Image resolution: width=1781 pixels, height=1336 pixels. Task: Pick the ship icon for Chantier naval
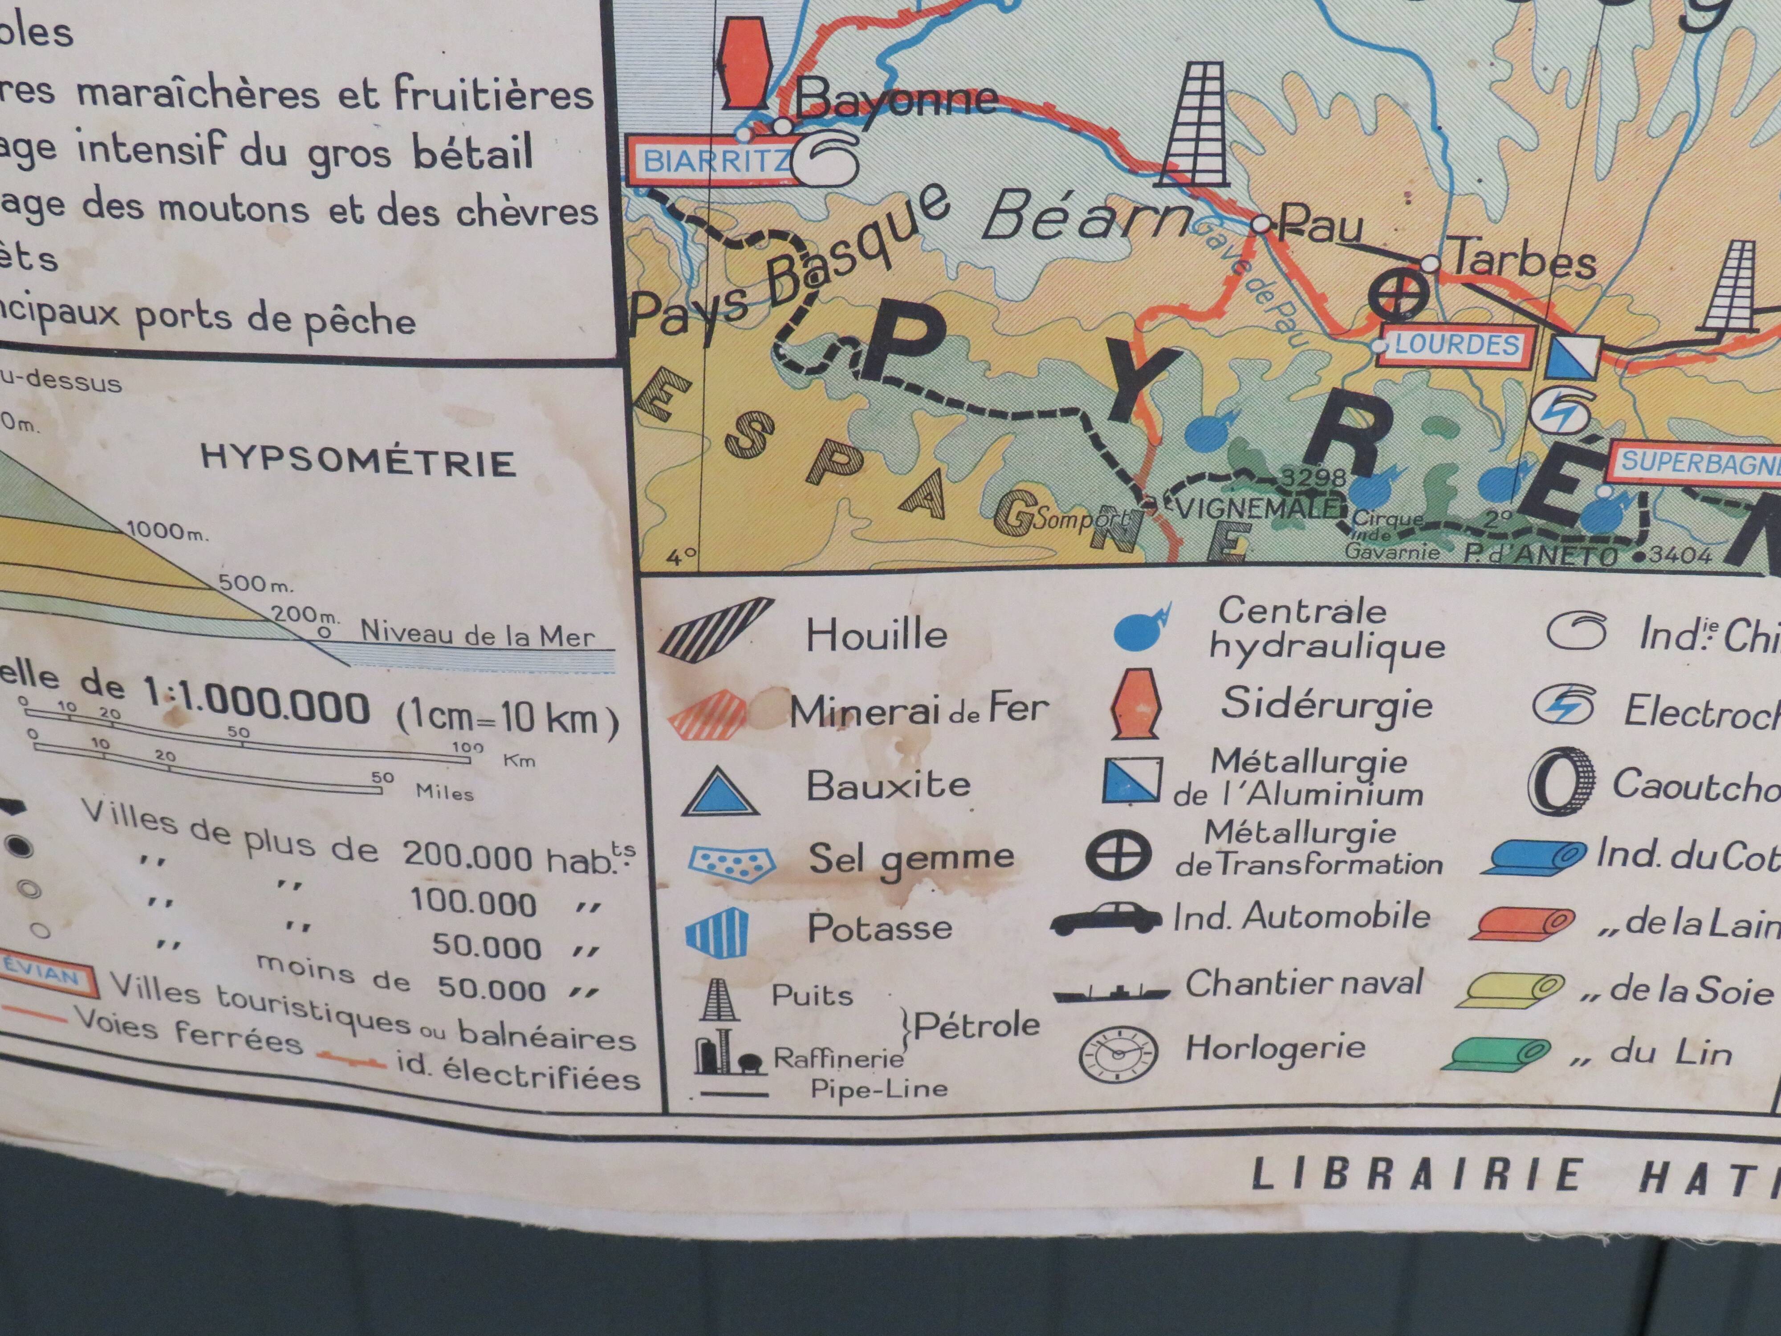coord(1111,992)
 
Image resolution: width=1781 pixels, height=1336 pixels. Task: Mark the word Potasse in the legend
coord(879,928)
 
